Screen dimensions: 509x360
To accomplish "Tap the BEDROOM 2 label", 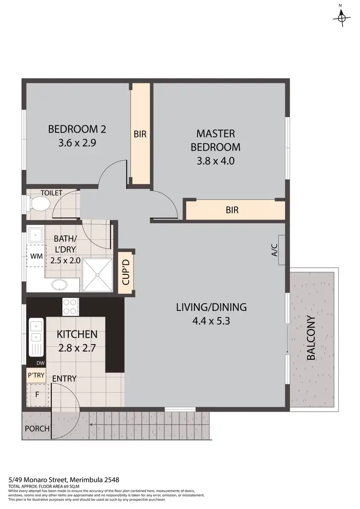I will coord(77,129).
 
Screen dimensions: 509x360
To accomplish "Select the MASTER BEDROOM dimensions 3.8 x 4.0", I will coord(216,161).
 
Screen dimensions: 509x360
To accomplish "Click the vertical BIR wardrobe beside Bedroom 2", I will coord(141,134).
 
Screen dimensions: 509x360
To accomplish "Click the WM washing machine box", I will coord(36,256).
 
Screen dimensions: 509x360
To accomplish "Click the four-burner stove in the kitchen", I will coord(71,306).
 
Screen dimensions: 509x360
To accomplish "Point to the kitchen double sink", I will coord(36,335).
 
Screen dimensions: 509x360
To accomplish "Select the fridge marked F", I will coord(36,396).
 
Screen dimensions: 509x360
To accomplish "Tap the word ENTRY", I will coord(64,379).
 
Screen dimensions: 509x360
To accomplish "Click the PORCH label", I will coord(36,428).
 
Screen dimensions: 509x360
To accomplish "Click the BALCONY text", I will coord(311,338).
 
